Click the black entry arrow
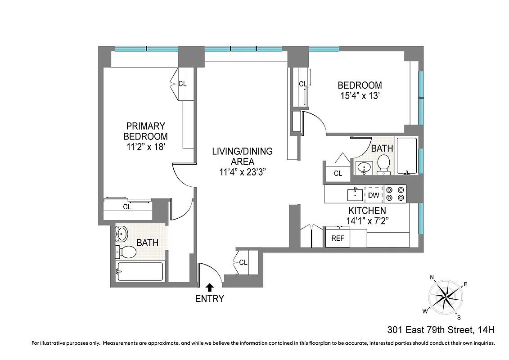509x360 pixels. [209, 286]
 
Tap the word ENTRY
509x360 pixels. [209, 298]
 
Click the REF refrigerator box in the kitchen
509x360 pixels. [338, 238]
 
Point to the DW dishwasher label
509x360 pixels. [373, 195]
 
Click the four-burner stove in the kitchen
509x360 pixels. [395, 194]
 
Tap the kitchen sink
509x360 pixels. [355, 194]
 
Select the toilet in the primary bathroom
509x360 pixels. [126, 252]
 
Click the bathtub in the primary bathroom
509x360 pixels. [140, 271]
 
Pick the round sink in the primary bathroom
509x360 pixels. [122, 233]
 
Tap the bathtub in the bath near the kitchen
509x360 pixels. [406, 156]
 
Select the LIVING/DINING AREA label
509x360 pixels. [242, 156]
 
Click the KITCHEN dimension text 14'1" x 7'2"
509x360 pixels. [367, 220]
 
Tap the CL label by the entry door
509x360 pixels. [243, 262]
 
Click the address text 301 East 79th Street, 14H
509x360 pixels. [441, 330]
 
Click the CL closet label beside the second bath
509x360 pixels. [338, 173]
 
